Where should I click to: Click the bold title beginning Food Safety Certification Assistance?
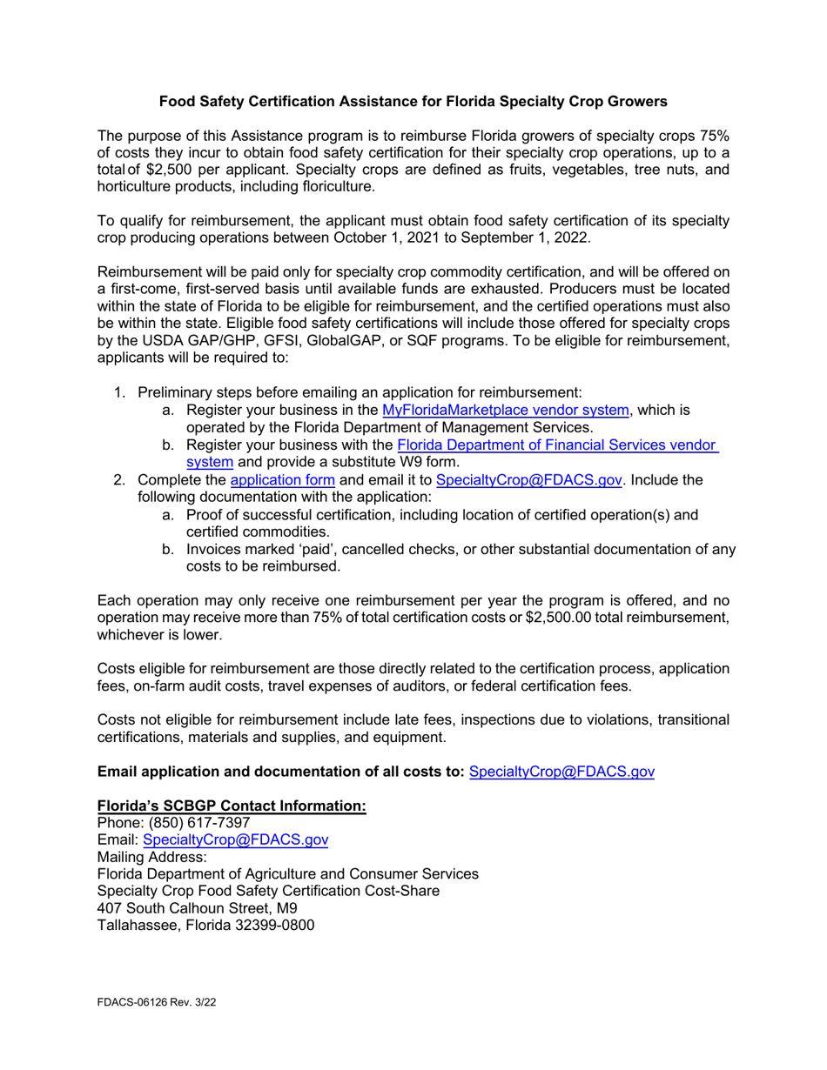[x=413, y=102]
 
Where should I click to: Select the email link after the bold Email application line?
[x=561, y=771]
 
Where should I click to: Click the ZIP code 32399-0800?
[x=274, y=926]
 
